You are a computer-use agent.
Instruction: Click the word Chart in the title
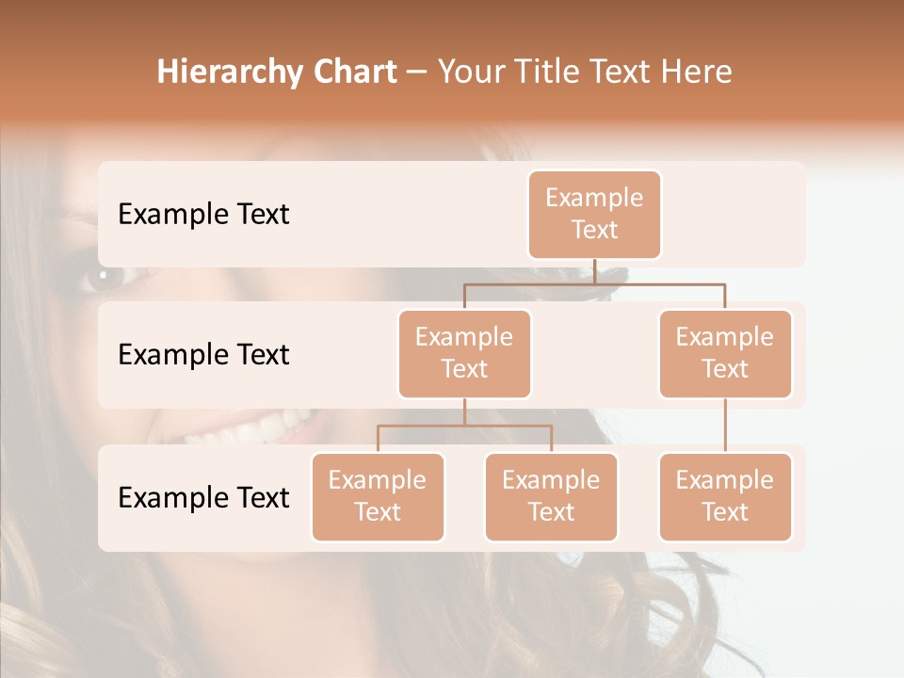(352, 73)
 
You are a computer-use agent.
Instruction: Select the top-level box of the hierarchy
(594, 214)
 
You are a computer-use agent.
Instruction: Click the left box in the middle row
(464, 353)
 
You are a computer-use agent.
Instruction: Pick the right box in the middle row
(725, 353)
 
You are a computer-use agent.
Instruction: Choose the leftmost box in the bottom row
(378, 496)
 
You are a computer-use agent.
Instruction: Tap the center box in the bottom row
(551, 496)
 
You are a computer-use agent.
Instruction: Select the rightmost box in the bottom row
(725, 496)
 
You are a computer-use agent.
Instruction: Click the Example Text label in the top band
(203, 214)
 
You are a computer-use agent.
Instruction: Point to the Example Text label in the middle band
(203, 354)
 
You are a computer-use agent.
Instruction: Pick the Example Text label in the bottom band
(203, 497)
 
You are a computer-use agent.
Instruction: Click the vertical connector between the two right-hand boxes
(725, 426)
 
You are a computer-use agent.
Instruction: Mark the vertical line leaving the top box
(594, 271)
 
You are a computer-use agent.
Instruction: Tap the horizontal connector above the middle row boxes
(593, 282)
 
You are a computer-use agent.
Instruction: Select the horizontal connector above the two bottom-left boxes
(464, 426)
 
